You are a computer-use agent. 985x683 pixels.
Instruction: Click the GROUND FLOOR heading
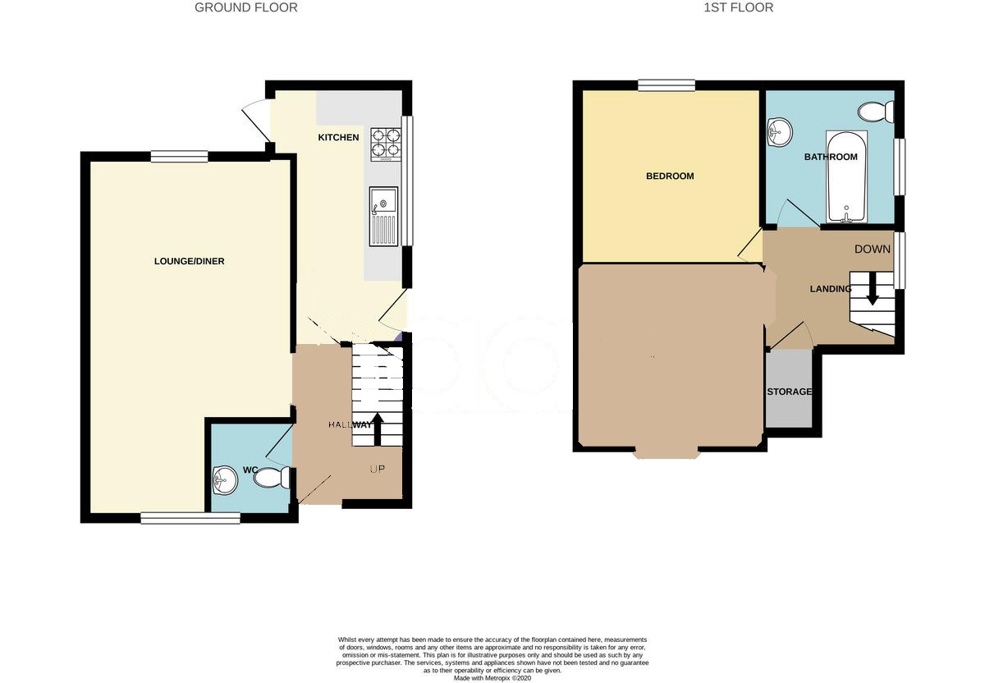point(245,8)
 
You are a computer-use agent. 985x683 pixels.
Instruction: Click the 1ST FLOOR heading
point(738,8)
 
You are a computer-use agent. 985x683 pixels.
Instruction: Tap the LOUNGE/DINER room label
point(190,262)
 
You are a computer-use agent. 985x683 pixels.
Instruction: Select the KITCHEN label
point(338,137)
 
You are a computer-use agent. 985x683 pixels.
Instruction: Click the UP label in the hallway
point(378,470)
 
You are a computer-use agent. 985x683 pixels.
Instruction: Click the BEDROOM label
point(670,176)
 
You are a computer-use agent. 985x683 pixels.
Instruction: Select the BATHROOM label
point(831,157)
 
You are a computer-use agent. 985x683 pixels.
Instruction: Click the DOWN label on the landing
point(873,249)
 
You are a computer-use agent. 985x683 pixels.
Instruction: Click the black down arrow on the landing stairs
point(873,289)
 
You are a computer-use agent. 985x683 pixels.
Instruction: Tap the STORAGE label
point(790,392)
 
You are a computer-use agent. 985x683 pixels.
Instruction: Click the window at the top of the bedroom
point(667,85)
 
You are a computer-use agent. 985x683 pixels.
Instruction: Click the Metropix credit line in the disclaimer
point(492,678)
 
